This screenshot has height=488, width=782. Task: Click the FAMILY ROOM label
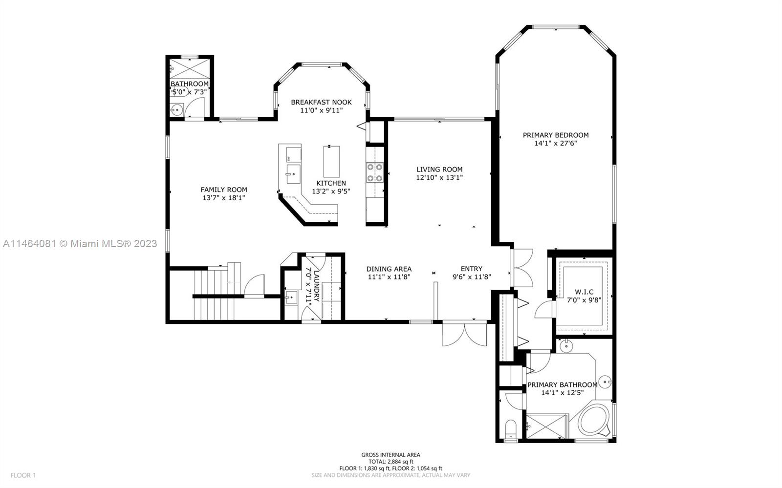224,190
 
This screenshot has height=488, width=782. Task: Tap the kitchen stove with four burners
375,173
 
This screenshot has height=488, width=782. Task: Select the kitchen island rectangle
331,162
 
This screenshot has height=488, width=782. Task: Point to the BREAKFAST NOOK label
321,102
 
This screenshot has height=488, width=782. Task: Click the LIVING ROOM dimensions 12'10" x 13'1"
439,177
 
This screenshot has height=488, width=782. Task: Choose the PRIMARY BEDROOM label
555,135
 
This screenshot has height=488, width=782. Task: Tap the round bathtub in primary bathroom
593,419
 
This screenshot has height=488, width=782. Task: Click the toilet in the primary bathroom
511,429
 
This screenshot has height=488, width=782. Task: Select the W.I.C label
584,292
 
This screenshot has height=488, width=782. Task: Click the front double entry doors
465,334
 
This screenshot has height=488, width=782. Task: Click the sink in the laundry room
291,297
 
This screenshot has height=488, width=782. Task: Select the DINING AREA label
389,269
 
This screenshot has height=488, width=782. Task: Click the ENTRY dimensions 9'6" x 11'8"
472,277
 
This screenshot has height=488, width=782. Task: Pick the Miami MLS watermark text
80,243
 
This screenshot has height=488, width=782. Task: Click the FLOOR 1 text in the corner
23,475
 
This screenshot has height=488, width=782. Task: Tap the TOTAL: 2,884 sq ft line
391,462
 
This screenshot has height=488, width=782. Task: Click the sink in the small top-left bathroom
177,110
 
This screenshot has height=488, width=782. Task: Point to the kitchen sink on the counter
293,174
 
